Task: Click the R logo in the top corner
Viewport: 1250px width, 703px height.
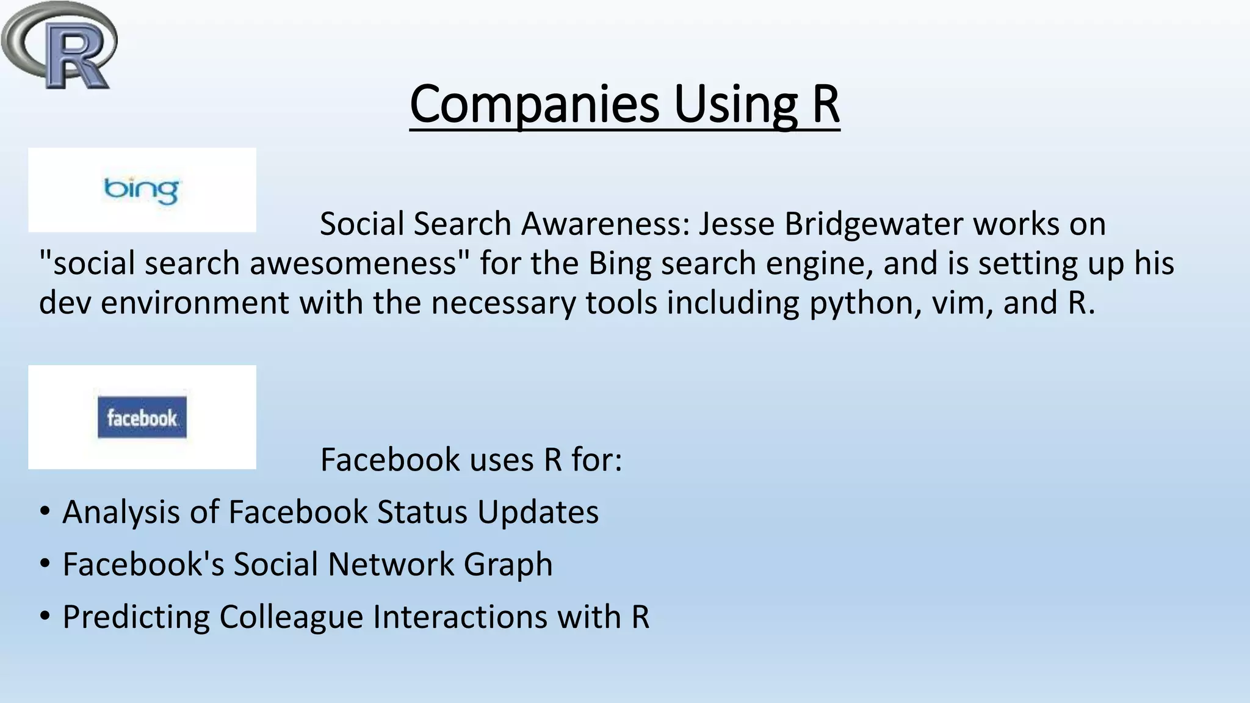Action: pos(60,46)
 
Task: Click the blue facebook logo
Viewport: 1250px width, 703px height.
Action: pos(142,417)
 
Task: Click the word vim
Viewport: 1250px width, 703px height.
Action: pos(959,303)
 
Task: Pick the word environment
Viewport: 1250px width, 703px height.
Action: pos(195,303)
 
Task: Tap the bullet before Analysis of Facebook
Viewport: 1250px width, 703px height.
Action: pos(45,511)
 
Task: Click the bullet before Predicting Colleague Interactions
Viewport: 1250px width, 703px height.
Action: pos(45,616)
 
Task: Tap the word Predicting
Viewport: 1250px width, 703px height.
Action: pos(136,617)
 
